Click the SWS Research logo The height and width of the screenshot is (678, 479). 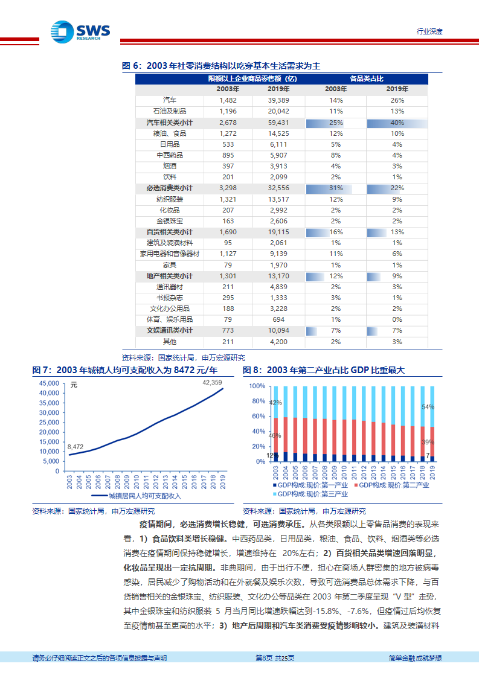pos(80,32)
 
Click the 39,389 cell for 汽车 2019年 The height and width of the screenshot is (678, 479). pos(278,100)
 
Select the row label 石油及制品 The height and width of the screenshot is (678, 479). pos(170,111)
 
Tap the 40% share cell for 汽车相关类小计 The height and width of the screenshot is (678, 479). pos(397,123)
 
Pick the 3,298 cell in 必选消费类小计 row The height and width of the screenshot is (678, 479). pos(228,188)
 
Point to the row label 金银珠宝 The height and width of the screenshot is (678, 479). pos(170,221)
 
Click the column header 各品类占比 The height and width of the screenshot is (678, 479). pos(367,78)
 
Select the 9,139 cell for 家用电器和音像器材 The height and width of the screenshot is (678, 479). pos(278,254)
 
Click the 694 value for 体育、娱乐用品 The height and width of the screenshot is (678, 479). pos(278,319)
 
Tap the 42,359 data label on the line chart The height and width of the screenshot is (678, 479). pos(212,383)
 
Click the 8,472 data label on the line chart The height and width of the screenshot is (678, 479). pos(76,447)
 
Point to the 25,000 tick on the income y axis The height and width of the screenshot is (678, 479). pos(49,423)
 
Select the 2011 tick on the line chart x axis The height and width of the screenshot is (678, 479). pos(146,482)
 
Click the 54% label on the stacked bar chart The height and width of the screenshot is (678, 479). pos(428,407)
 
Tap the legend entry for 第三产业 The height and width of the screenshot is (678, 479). pos(310,494)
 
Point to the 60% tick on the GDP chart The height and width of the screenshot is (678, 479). pos(259,417)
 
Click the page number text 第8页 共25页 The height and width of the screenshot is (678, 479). pos(275,658)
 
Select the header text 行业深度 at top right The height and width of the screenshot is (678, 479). pos(429,31)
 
